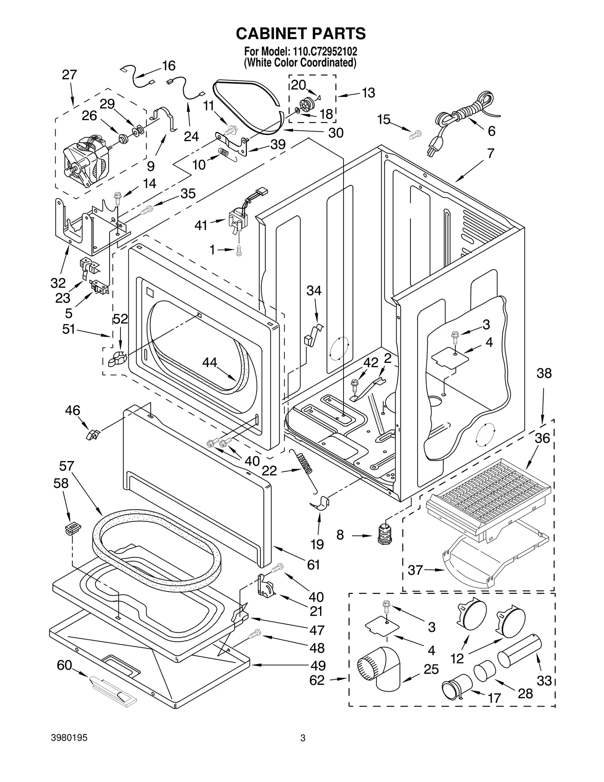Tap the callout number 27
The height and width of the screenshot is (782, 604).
[69, 75]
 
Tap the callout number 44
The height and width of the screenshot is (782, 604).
[210, 362]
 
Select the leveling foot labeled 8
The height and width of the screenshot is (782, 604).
[385, 534]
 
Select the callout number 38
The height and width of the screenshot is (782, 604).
[544, 373]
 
